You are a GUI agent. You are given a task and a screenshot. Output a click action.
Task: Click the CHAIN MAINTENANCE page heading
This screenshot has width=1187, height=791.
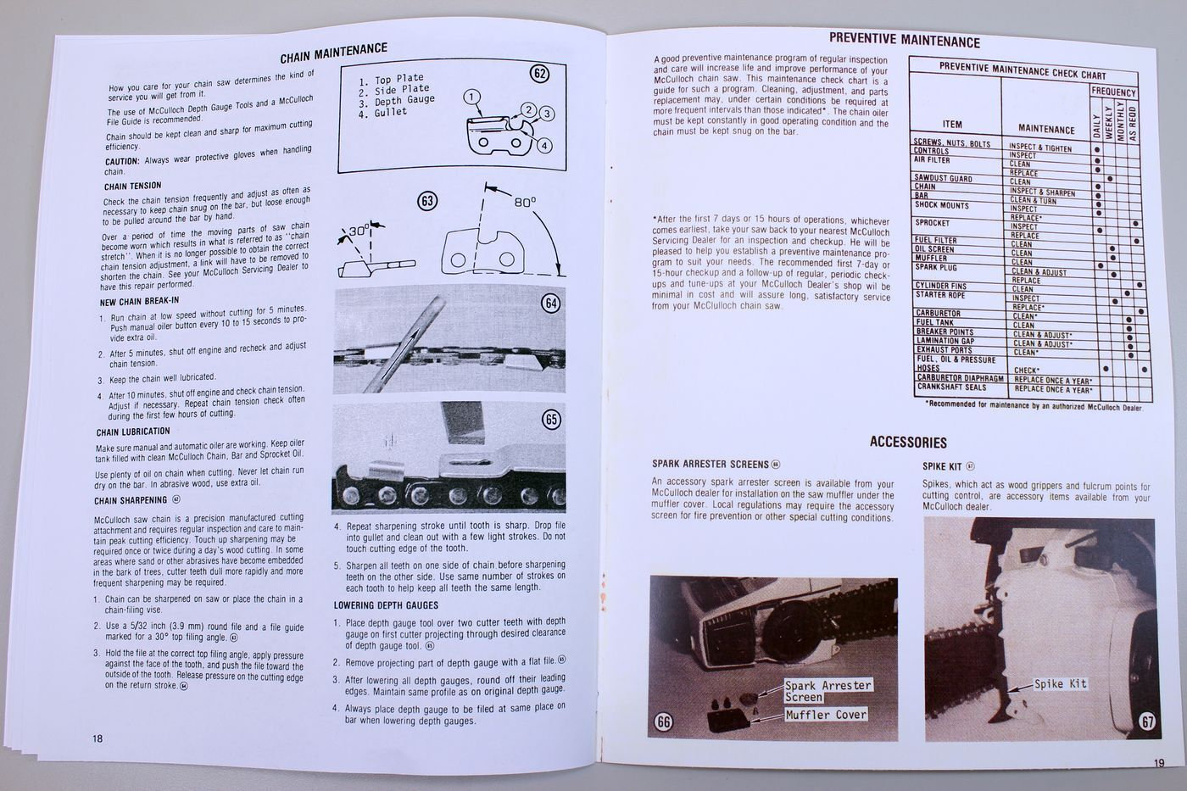[333, 53]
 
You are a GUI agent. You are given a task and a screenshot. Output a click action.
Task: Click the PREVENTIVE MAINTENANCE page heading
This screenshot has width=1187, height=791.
[904, 40]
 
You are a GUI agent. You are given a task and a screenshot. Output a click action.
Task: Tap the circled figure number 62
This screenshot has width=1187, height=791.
[539, 74]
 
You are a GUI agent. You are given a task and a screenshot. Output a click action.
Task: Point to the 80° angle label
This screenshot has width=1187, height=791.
[525, 202]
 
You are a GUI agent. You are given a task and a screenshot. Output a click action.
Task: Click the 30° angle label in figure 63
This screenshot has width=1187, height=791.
[359, 231]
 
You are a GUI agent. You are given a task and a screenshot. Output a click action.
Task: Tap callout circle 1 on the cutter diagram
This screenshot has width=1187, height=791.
[472, 97]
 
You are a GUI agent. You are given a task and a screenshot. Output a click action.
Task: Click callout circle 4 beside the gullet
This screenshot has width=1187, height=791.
[544, 145]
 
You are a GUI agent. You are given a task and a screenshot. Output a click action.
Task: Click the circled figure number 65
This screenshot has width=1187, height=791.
[552, 419]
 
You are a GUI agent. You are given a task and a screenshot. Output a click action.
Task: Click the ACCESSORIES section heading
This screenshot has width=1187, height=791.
[908, 442]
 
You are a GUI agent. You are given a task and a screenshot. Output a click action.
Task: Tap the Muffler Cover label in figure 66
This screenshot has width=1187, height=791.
[826, 714]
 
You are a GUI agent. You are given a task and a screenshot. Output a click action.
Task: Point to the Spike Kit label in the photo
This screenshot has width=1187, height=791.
[1060, 683]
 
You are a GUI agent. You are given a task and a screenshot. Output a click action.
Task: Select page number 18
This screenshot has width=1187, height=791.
[98, 738]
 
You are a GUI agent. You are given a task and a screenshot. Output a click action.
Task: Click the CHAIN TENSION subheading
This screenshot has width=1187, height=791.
[132, 186]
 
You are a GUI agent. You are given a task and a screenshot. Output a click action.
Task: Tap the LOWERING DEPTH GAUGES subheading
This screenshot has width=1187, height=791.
[386, 604]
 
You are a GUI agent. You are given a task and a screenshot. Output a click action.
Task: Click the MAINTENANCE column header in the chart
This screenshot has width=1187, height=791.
[1045, 129]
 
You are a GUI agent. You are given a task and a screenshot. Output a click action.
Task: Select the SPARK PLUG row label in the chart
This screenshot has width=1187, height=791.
[937, 267]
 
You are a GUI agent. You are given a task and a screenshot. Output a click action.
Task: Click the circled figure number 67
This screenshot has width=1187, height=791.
[1147, 721]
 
